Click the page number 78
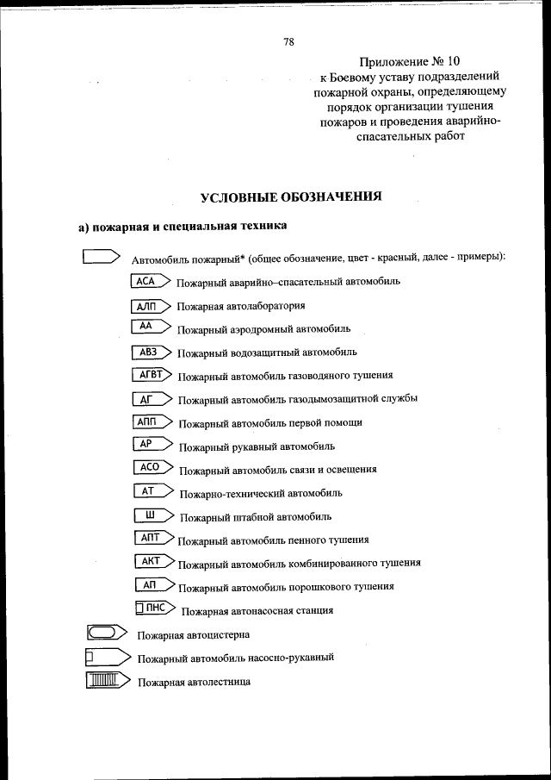(x=289, y=41)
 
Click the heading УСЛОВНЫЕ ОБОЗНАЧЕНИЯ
(x=291, y=197)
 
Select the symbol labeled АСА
(x=150, y=281)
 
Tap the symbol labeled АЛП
(x=151, y=305)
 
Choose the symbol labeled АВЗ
(x=152, y=352)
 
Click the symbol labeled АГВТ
(x=153, y=374)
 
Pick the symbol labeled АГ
(x=152, y=398)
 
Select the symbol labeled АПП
(x=153, y=421)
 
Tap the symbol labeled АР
(x=153, y=445)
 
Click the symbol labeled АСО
(x=154, y=468)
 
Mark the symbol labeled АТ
(x=154, y=492)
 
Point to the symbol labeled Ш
(x=155, y=515)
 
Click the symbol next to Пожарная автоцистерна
(x=105, y=633)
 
